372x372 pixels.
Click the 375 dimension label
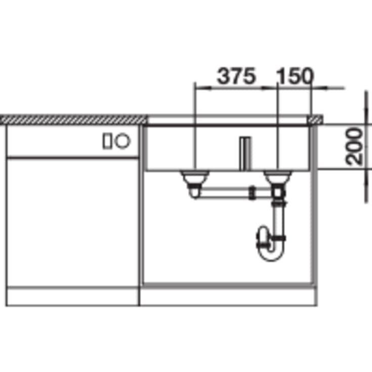coord(236,76)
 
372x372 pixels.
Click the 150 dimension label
coord(295,76)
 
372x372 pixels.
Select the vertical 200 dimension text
coord(354,146)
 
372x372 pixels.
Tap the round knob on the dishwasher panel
coord(122,141)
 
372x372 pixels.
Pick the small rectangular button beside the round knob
coord(107,141)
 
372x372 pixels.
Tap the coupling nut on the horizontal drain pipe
coord(252,192)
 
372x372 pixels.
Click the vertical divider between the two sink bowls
coord(245,153)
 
